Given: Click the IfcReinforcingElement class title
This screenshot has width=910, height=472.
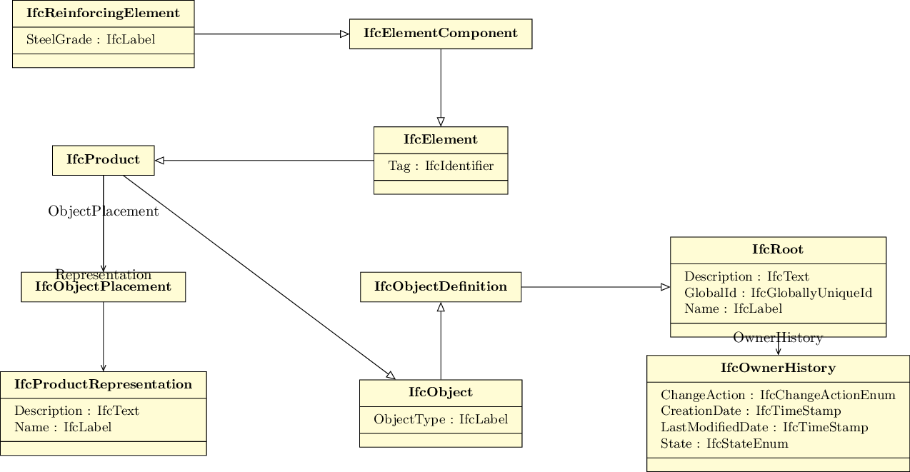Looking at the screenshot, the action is (x=103, y=13).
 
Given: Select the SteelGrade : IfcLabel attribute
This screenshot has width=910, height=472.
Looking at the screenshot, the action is (x=91, y=39).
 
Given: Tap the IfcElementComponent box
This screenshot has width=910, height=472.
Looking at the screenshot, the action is (x=441, y=34).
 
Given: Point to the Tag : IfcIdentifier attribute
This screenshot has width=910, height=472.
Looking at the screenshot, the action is (x=441, y=166).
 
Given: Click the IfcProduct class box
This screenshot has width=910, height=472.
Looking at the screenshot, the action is (x=103, y=161).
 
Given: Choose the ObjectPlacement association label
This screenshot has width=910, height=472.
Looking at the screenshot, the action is (x=103, y=211).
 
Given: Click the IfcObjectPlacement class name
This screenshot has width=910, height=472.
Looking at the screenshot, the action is (x=103, y=286).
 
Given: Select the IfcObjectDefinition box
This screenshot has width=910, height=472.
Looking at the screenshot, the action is (x=441, y=287).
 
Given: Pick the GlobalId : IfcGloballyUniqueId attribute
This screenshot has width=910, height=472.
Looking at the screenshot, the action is (x=778, y=293).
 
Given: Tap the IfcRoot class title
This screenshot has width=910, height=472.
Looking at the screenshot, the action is (x=778, y=249).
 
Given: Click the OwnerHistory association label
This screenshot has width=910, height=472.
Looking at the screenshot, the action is (x=778, y=338).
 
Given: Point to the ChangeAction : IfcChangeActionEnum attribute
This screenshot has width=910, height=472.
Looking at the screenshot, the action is (x=778, y=395).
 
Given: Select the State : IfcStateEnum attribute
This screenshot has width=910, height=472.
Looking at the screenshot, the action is (x=724, y=443).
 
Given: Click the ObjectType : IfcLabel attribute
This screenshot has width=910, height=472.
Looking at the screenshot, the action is (x=441, y=419).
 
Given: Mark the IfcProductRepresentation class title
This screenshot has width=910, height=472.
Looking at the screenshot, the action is (x=103, y=384).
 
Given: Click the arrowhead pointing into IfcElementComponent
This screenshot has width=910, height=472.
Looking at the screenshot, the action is (x=344, y=34).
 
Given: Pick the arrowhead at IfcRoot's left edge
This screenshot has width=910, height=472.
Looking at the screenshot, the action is (x=666, y=287).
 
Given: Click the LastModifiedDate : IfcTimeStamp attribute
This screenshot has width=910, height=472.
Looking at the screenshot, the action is (x=764, y=427).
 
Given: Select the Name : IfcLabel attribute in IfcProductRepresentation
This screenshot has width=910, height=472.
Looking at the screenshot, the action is (x=63, y=427).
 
